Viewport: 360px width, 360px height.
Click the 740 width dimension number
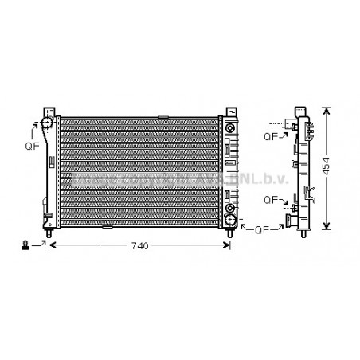[139, 246]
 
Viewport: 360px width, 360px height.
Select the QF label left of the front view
[30, 147]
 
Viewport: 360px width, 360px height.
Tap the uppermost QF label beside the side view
[271, 136]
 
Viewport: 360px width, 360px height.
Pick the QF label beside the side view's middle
[271, 199]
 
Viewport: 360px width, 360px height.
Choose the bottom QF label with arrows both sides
[261, 230]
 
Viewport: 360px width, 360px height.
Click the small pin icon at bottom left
[26, 245]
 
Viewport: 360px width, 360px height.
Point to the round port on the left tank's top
[47, 123]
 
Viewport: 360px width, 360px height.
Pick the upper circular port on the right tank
[231, 128]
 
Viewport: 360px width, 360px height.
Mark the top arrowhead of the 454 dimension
[326, 108]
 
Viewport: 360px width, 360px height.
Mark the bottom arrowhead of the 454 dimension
[326, 229]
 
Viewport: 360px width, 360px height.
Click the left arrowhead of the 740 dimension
[53, 246]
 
